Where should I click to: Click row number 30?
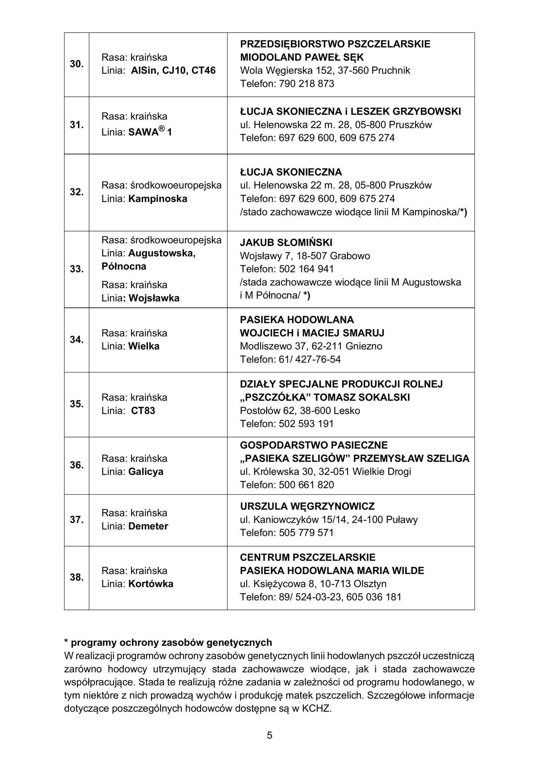tap(77, 64)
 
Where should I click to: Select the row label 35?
tap(77, 404)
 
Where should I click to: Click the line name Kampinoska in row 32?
tap(158, 199)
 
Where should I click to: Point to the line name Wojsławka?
tap(154, 298)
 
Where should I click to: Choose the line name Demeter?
tap(148, 526)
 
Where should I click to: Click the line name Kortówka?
tap(150, 584)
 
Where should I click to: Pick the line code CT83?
tap(143, 411)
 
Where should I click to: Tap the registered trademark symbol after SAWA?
tap(162, 128)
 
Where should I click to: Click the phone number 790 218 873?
tap(306, 83)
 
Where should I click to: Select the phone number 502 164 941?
tap(306, 269)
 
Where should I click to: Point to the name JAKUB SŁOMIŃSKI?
tap(286, 243)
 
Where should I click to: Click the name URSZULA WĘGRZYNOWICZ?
tap(307, 506)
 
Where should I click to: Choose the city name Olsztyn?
tap(370, 584)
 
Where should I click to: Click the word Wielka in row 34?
tap(144, 346)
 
